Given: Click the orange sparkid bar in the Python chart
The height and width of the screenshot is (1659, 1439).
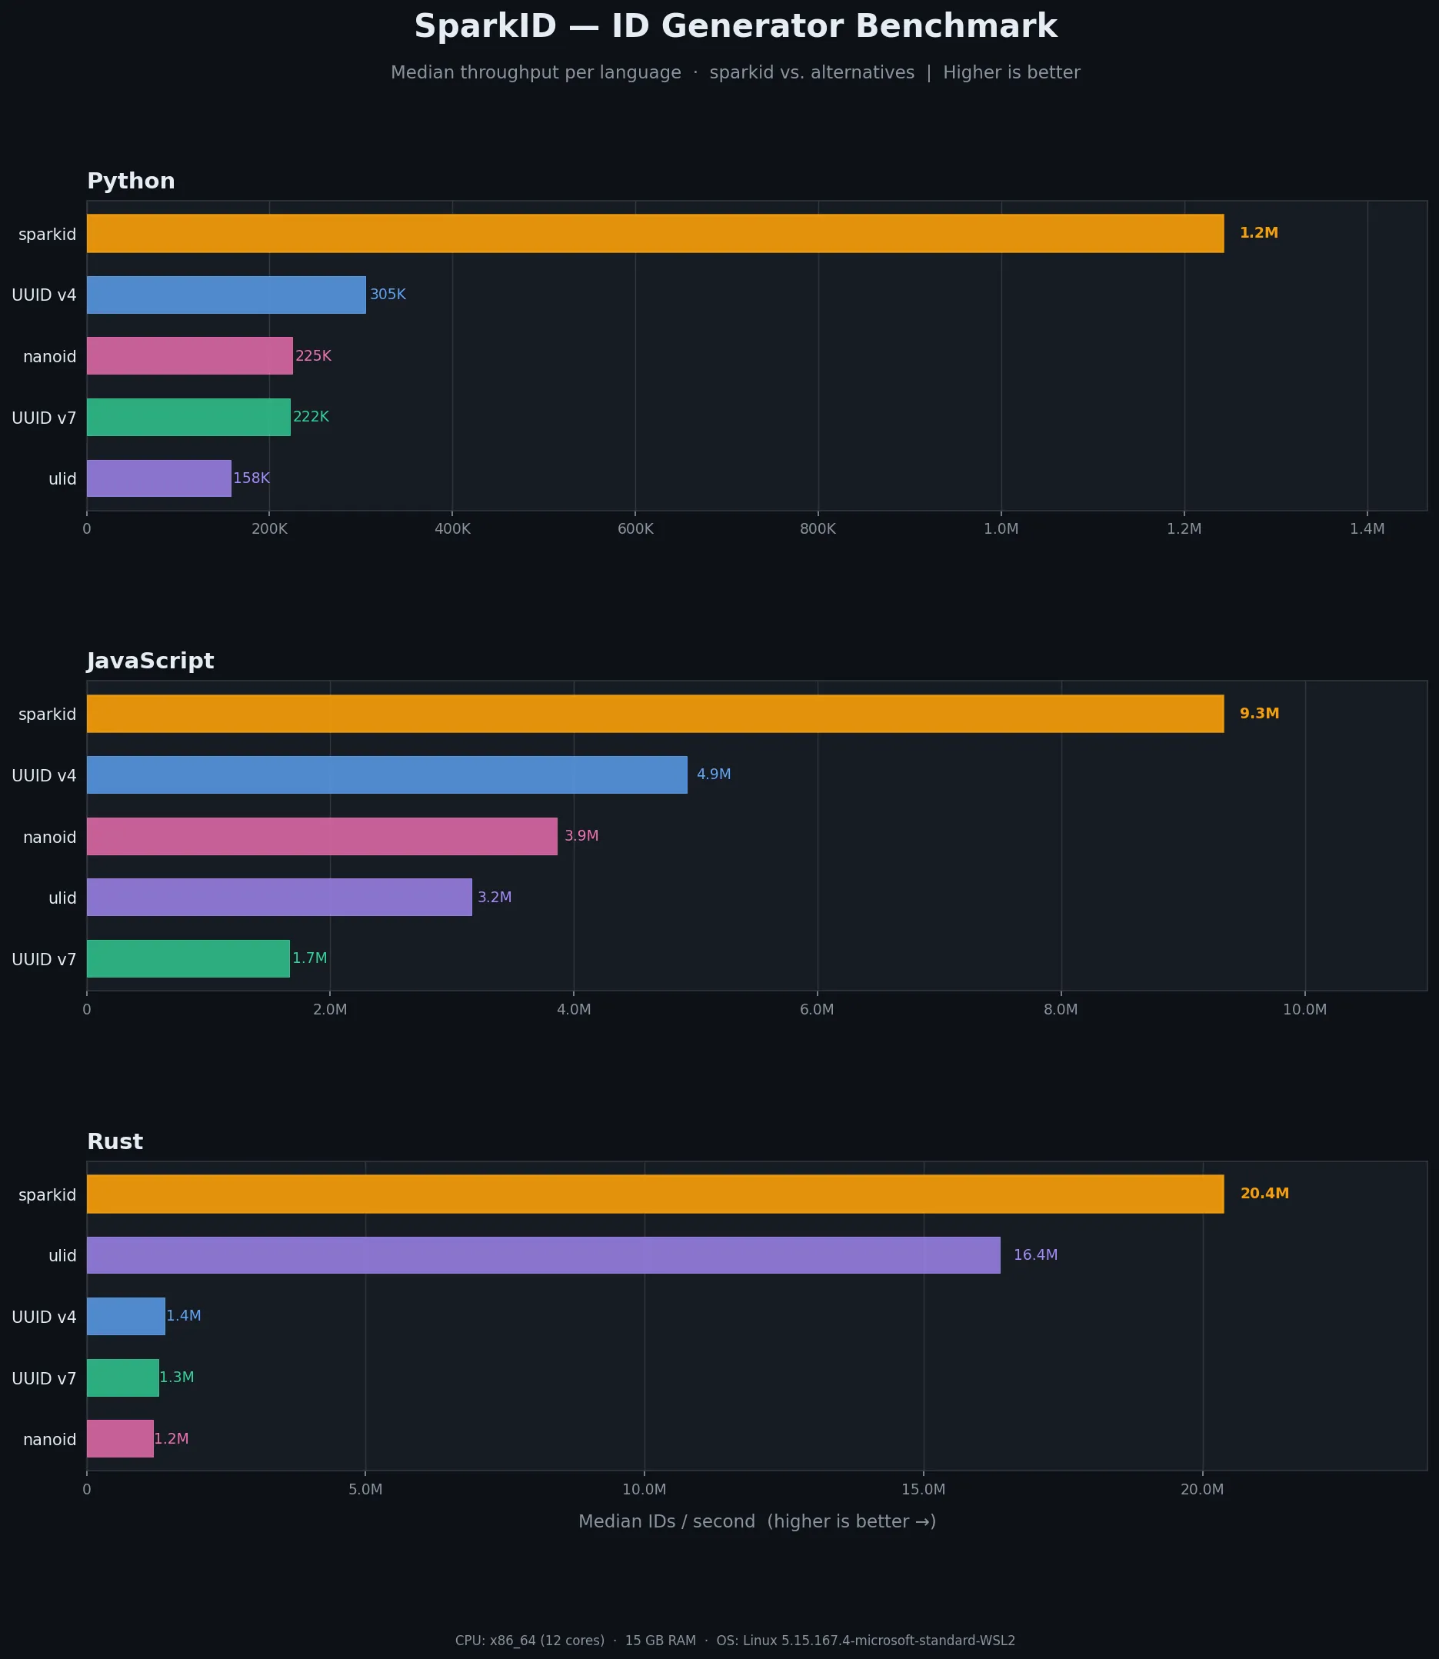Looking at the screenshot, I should click(655, 233).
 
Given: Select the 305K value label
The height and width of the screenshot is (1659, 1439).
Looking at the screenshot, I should click(388, 295).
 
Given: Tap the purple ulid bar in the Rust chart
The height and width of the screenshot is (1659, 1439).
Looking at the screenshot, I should click(543, 1254).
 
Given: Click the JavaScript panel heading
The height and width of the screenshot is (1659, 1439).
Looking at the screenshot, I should click(150, 661).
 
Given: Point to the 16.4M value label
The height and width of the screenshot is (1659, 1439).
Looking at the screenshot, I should click(1035, 1254).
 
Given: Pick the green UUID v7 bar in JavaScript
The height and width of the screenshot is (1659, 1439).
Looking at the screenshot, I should click(188, 958).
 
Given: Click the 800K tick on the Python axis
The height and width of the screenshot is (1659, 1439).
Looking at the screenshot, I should click(818, 529).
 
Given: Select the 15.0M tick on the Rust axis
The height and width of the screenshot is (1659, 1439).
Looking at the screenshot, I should click(923, 1490).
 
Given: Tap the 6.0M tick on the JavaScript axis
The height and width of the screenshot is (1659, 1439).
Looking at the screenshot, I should click(817, 1009).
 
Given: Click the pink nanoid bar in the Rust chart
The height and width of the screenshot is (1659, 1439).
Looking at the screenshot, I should click(120, 1438).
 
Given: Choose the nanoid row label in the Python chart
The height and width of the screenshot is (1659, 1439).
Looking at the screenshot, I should click(49, 357).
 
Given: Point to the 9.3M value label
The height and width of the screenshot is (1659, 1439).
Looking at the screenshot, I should click(1258, 713).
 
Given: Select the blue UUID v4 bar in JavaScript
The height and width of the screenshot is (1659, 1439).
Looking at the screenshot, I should click(386, 775).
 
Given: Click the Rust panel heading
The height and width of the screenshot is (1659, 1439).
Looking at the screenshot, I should click(115, 1141).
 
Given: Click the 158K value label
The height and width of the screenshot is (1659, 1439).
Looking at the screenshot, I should click(251, 478).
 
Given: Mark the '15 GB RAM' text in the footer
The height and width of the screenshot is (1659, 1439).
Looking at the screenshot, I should click(660, 1641).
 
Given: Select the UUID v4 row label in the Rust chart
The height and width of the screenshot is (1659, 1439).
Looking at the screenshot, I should click(43, 1317).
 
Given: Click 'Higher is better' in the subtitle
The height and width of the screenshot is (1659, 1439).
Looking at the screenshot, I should click(1011, 73).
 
